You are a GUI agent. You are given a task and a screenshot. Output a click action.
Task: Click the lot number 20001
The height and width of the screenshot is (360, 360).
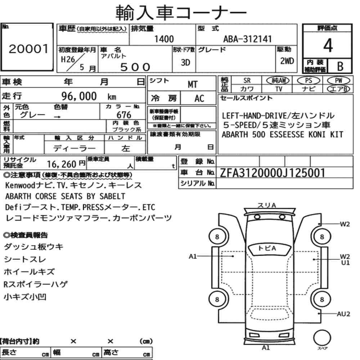(29, 49)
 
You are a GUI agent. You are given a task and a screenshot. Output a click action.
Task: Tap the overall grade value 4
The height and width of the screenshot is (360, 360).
(328, 45)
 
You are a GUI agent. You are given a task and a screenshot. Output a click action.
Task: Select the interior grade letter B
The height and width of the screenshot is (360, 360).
(340, 66)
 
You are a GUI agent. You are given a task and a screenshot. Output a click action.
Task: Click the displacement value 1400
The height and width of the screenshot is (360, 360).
(164, 39)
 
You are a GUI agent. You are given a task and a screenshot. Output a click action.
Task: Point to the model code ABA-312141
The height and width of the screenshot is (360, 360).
(247, 39)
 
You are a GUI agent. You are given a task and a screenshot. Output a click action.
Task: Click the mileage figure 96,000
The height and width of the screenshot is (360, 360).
(79, 96)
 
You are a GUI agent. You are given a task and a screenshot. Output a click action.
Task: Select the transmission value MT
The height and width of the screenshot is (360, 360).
(192, 85)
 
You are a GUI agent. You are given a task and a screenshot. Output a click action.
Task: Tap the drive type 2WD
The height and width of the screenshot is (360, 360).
(287, 61)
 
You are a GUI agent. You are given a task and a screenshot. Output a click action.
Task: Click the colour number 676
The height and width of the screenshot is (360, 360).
(124, 115)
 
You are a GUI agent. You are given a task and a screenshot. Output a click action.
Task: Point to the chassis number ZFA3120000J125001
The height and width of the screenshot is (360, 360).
(272, 173)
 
